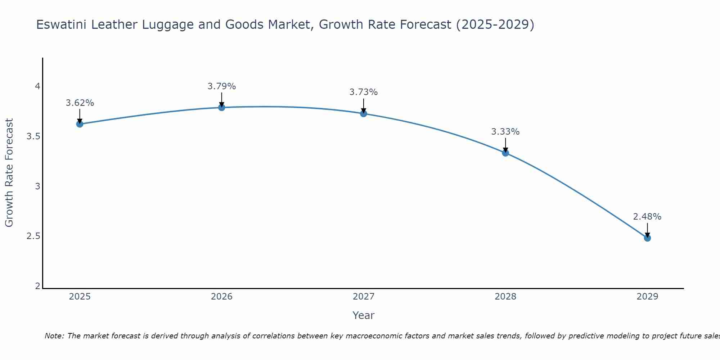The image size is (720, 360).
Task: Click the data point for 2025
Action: [x=80, y=124]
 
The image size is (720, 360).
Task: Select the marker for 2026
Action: [x=221, y=107]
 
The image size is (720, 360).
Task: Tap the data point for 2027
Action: [x=364, y=113]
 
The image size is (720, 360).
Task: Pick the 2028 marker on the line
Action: [x=505, y=153]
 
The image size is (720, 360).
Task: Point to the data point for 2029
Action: [x=647, y=238]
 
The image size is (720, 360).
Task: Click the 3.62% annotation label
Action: [x=80, y=103]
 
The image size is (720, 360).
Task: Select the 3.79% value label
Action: [x=221, y=86]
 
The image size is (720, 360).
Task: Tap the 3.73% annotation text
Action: [x=364, y=92]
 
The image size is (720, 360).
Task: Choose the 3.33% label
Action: [x=505, y=132]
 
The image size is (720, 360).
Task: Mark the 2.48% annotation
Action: [x=647, y=217]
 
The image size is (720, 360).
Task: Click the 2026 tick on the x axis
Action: [x=221, y=297]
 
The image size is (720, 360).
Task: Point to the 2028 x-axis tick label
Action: [x=505, y=297]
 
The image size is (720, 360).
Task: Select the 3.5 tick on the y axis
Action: [x=33, y=136]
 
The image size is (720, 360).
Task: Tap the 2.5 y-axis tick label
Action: [x=33, y=236]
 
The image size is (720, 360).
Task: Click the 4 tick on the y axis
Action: [x=37, y=86]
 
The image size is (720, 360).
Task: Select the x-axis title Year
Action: [x=363, y=315]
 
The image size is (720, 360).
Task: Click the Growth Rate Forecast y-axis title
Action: [x=9, y=173]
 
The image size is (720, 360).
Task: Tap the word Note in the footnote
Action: [x=54, y=336]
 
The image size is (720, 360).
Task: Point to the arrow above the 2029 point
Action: [x=647, y=230]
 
